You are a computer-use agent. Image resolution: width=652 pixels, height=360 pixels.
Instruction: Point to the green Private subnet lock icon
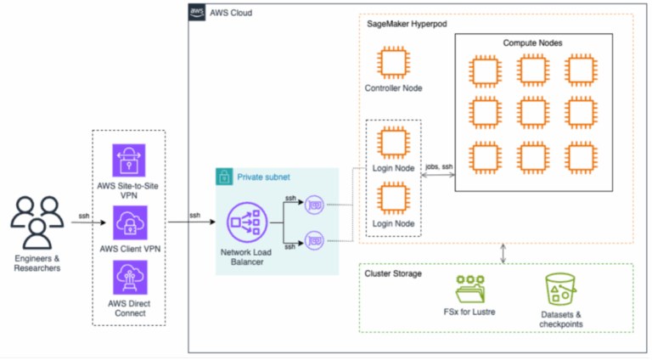pos(225,177)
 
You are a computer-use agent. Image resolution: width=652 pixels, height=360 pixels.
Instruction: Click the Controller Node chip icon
pos(393,65)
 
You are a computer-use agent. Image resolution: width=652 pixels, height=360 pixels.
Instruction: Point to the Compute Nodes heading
pos(532,42)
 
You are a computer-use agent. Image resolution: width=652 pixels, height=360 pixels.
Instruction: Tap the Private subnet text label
pos(262,177)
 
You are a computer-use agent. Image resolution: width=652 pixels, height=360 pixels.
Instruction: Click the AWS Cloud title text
pos(231,13)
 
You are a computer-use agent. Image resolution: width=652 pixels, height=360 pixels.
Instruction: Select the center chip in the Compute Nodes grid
pos(532,111)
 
